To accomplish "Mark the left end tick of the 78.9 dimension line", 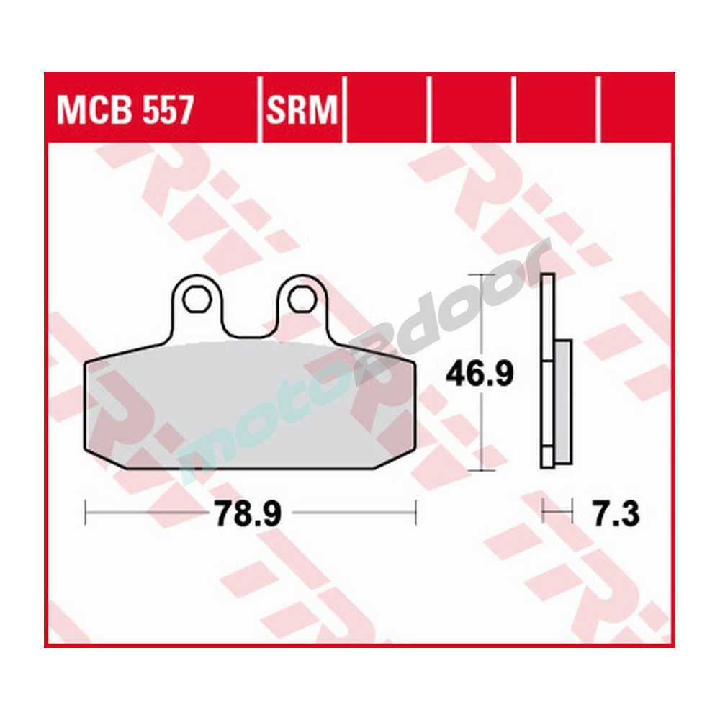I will tap(86, 513).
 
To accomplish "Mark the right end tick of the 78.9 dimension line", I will tap(415, 513).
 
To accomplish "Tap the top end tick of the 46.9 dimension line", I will tap(481, 274).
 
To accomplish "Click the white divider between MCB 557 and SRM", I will tap(259, 108).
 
